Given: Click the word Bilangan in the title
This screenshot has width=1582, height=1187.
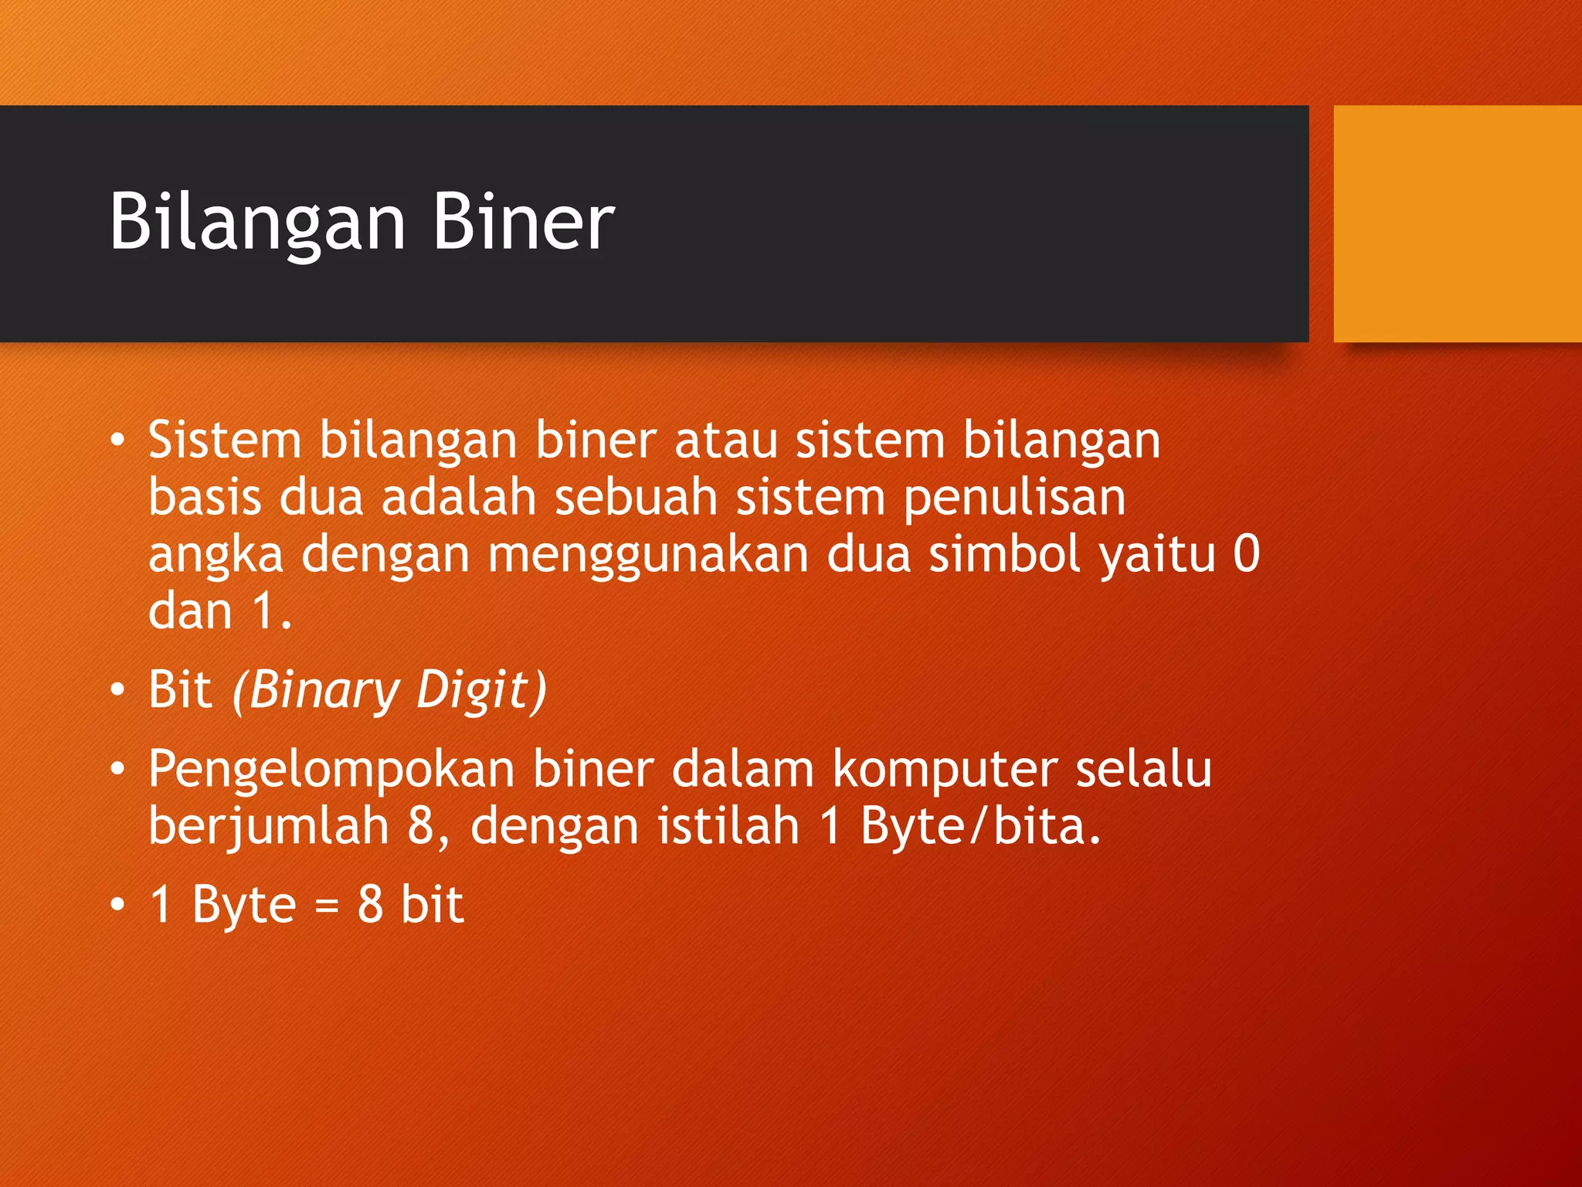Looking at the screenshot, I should pos(257,223).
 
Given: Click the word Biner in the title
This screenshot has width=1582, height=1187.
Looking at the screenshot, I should pos(524,223).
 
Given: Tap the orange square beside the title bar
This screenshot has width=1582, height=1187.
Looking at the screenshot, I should pos(1458,223).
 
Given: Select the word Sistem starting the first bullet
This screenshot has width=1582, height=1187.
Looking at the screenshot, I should pos(224,440).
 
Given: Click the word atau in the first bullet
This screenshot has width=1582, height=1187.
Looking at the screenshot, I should pos(725,440).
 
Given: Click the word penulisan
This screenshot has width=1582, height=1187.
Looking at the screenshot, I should pos(1014,498).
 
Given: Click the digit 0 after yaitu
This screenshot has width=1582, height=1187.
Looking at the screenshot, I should pos(1246,554).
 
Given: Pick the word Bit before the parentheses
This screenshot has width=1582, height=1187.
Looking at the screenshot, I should pos(180,689).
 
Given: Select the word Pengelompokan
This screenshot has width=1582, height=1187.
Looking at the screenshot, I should pos(331,770).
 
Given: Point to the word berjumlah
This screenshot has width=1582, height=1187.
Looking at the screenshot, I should pos(268,827).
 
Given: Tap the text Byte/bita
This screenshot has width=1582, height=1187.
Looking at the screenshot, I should pos(979,827).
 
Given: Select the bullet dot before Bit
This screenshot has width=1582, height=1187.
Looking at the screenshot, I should pos(117,689).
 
